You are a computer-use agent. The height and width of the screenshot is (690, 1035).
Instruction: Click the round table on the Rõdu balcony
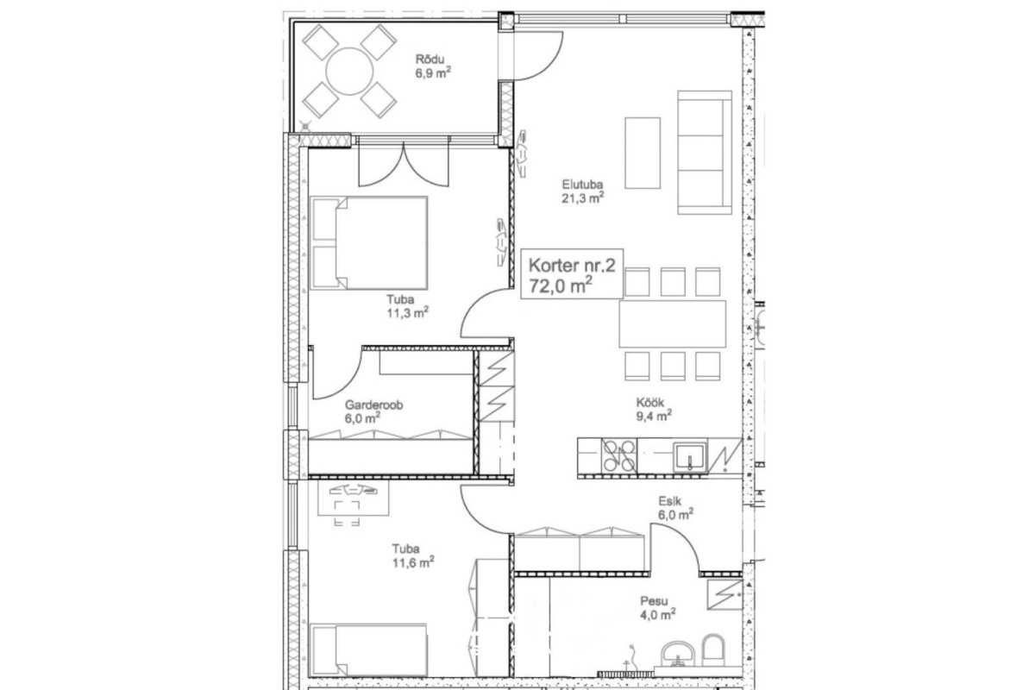349,72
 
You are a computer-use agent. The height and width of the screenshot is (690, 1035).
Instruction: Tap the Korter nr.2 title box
572,273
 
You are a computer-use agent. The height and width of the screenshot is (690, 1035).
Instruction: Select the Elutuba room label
582,184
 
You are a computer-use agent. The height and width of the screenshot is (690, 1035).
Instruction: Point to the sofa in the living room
705,153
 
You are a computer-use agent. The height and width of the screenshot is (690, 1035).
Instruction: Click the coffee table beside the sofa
643,153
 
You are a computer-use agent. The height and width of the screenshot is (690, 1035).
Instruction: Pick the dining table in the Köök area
672,323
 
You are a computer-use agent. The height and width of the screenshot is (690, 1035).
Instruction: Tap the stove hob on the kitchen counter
619,455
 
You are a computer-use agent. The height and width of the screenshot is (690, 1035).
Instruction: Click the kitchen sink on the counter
690,456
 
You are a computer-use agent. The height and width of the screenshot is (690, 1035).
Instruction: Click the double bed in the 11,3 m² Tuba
369,243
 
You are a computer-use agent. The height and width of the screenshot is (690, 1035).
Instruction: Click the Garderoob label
373,405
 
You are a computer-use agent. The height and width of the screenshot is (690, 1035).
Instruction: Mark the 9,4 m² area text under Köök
654,416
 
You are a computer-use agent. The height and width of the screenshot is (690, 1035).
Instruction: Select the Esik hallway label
669,501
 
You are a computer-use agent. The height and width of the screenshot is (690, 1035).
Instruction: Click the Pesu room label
654,601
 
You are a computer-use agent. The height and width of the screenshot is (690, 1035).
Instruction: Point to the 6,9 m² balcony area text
433,72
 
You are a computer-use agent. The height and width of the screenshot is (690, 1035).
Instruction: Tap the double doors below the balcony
404,165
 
